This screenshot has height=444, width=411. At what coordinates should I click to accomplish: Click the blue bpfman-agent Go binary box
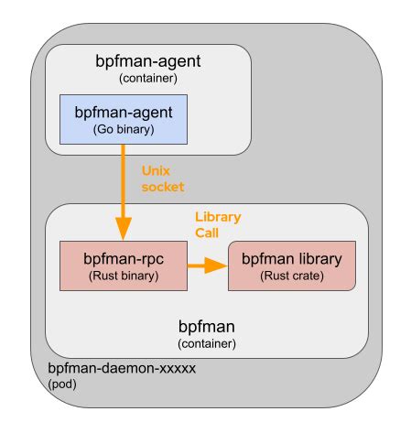(x=124, y=119)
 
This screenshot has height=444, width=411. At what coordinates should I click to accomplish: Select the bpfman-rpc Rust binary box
(x=123, y=266)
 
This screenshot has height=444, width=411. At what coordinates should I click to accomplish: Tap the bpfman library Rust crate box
(x=291, y=266)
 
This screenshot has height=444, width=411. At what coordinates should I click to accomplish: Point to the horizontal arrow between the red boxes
(x=208, y=266)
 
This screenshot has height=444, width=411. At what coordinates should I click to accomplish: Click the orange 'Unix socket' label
(x=163, y=179)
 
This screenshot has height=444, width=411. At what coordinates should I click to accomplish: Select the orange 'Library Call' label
(x=218, y=225)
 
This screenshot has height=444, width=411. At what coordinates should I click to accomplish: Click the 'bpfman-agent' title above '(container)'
(x=147, y=62)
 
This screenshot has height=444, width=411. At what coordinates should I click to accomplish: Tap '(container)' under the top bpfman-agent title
(x=147, y=79)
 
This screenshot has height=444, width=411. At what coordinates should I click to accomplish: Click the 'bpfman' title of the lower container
(x=206, y=326)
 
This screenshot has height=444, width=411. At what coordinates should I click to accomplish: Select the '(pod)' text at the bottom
(x=63, y=384)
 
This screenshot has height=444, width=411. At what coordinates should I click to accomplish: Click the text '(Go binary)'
(x=123, y=129)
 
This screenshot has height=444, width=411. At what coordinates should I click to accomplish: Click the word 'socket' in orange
(x=163, y=187)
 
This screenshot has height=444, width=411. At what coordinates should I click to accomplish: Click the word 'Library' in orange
(x=218, y=217)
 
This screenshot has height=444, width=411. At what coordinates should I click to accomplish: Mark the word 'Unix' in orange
(x=156, y=170)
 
